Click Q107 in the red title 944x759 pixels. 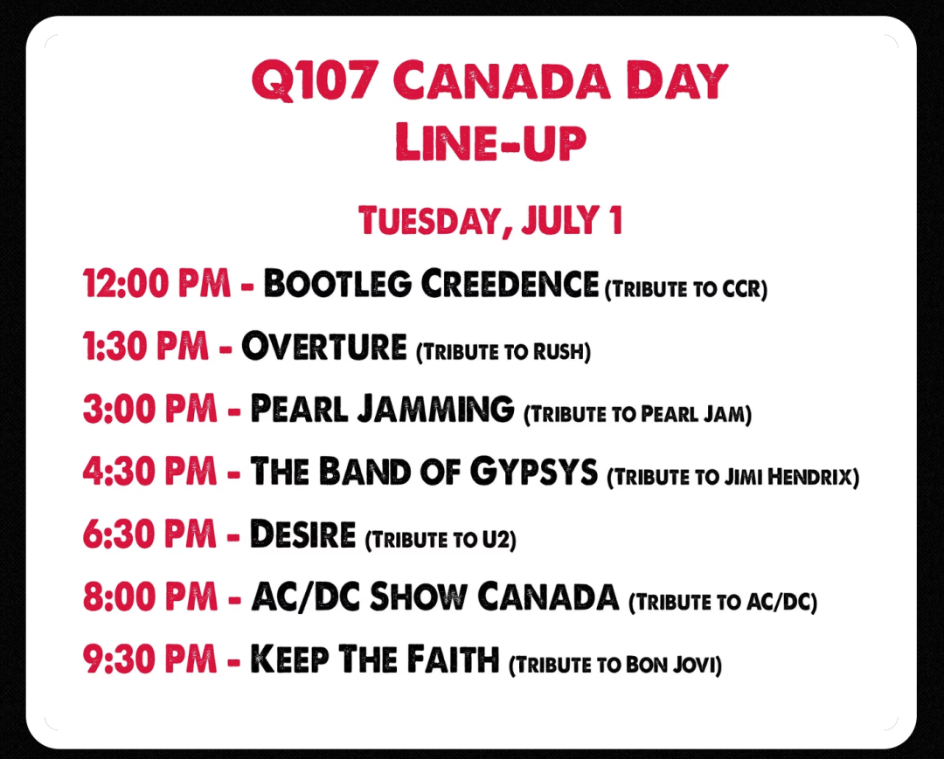point(315,80)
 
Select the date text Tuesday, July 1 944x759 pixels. point(490,221)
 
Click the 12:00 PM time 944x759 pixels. point(156,283)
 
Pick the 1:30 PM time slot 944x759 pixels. point(146,346)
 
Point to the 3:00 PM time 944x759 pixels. point(150,409)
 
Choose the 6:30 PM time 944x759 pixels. point(149,534)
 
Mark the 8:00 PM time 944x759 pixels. point(150,597)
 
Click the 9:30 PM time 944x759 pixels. point(149,659)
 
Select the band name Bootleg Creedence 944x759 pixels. point(431,283)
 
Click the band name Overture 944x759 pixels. point(324,346)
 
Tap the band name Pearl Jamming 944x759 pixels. point(382,409)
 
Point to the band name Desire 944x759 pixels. point(302,534)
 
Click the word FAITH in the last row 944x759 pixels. point(453,659)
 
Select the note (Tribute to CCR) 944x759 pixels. point(686,289)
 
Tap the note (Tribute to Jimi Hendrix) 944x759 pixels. point(733,478)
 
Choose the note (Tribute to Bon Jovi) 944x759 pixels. point(615,666)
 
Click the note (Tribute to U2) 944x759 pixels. point(441,540)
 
